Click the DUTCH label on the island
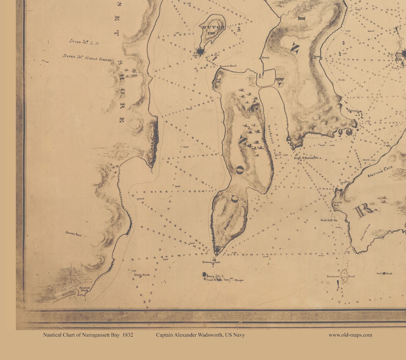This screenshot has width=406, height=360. pyautogui.click(x=213, y=27)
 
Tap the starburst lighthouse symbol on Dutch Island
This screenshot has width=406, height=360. pyautogui.click(x=201, y=52)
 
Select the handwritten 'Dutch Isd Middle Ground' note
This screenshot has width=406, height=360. pyautogui.click(x=87, y=58)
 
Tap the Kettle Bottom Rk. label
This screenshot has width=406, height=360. pyautogui.click(x=305, y=157)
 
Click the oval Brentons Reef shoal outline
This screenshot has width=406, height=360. pyautogui.click(x=344, y=276)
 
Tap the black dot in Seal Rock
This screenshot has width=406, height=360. pyautogui.click(x=380, y=273)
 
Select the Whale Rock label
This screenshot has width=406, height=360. pyautogui.click(x=142, y=275)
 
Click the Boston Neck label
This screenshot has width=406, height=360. pyautogui.click(x=84, y=289)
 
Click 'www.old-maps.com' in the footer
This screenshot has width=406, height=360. pyautogui.click(x=350, y=335)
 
